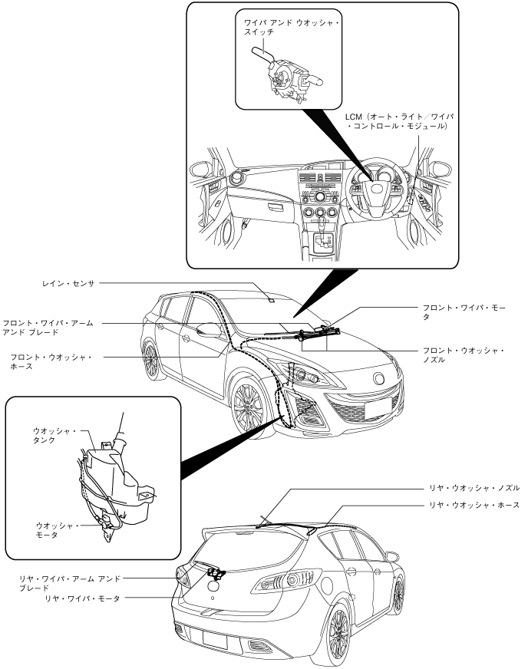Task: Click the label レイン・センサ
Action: coord(68,283)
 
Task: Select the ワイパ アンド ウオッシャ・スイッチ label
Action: coord(291,28)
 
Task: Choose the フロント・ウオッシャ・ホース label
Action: coord(50,361)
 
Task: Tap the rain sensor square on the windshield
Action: coord(272,299)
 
